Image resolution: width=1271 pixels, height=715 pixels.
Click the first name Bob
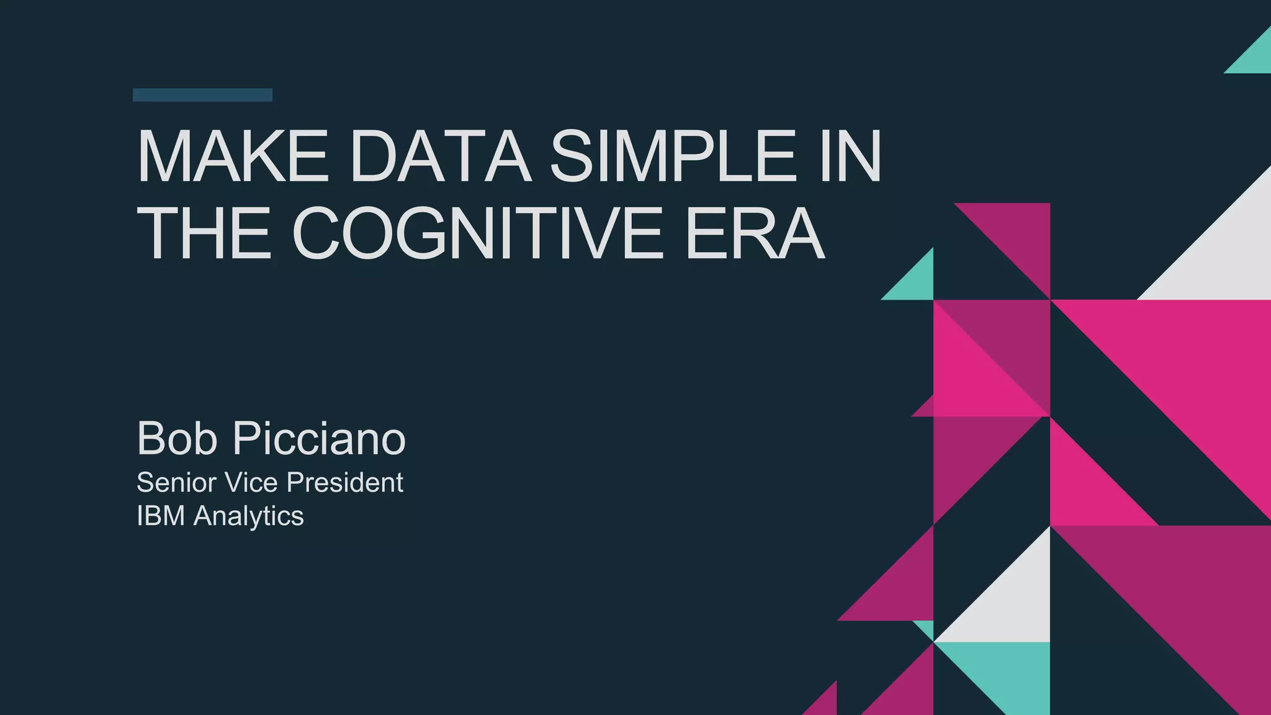point(177,438)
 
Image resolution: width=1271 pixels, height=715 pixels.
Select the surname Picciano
point(319,438)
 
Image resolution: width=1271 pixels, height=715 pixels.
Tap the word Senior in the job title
point(176,483)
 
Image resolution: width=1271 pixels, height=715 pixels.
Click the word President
point(344,483)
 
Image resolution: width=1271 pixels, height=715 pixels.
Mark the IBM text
point(161,516)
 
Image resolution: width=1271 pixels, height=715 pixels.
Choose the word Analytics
point(248,516)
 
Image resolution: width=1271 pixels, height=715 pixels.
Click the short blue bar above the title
point(202,95)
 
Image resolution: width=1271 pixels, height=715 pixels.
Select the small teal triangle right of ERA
point(916,282)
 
